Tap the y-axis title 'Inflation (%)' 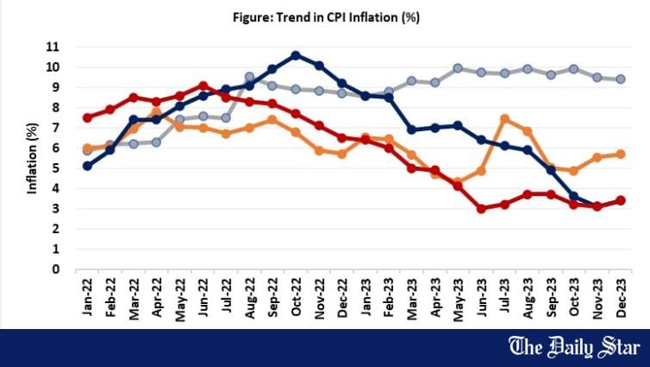(x=32, y=157)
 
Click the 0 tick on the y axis (x=54, y=269)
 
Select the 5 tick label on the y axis (x=54, y=168)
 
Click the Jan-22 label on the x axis (x=88, y=299)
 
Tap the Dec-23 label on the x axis (x=619, y=299)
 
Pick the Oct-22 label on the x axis (x=296, y=299)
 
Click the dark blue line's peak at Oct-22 (x=296, y=55)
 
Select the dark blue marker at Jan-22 (x=88, y=166)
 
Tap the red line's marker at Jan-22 (x=88, y=117)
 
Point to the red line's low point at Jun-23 (x=481, y=208)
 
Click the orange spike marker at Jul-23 (x=504, y=119)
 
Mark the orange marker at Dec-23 (x=620, y=154)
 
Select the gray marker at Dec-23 (x=620, y=79)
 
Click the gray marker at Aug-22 (x=249, y=77)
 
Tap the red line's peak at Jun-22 (x=203, y=85)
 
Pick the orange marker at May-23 (x=458, y=182)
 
